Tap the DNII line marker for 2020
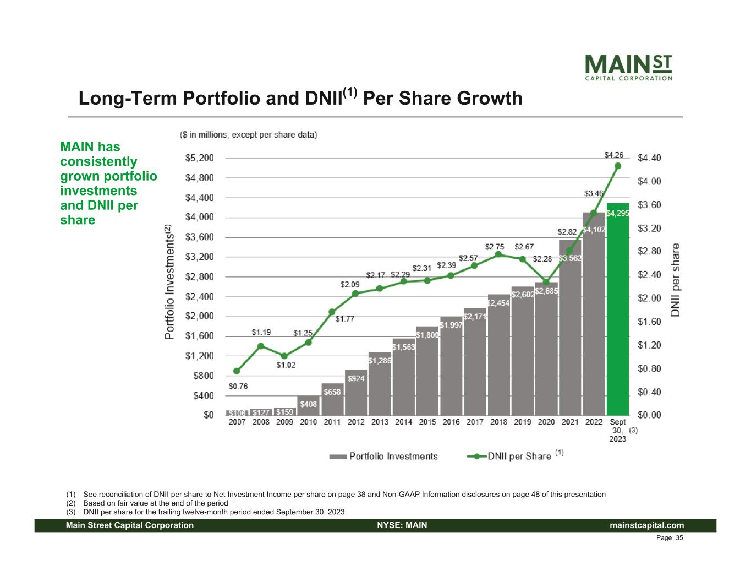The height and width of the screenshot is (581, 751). [546, 282]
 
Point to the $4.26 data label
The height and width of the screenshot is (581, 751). [614, 155]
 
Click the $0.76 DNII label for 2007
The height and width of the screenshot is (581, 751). [238, 387]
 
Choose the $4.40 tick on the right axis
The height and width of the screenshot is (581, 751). [649, 158]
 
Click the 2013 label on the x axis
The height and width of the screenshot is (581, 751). [380, 422]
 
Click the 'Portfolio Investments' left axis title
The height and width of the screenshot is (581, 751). [169, 282]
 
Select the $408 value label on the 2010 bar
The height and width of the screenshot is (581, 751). [308, 404]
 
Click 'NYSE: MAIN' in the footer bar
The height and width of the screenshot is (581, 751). [402, 525]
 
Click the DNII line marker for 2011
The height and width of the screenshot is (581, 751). [332, 312]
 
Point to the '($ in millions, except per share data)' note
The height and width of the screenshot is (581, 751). [249, 134]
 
